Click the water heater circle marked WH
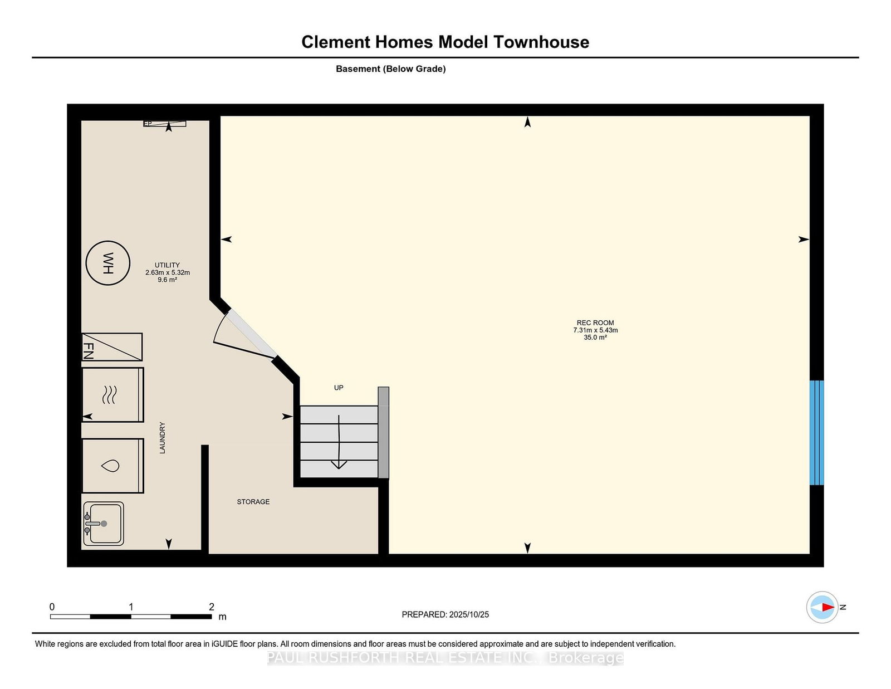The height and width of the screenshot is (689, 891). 108,263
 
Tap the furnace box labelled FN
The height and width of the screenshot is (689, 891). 112,346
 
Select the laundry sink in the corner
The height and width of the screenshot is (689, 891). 104,524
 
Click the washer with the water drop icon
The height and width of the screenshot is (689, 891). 112,466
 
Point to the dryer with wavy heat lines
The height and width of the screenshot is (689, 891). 112,394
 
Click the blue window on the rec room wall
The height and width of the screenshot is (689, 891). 816,433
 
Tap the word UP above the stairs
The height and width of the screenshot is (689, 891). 338,388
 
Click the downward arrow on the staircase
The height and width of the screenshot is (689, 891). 339,442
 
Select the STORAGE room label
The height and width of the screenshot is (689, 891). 253,502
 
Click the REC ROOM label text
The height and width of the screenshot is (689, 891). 595,322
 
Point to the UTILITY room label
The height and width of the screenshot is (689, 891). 167,265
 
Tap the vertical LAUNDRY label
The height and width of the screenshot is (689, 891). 163,438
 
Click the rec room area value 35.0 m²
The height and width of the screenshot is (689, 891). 595,338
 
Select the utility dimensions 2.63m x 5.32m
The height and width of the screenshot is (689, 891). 167,272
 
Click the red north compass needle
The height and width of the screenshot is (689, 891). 828,607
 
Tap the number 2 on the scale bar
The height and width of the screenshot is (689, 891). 212,607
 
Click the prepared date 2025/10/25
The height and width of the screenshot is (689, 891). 469,614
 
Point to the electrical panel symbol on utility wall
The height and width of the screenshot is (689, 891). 164,124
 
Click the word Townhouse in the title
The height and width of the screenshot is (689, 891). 541,42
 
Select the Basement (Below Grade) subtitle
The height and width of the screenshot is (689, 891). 391,69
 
